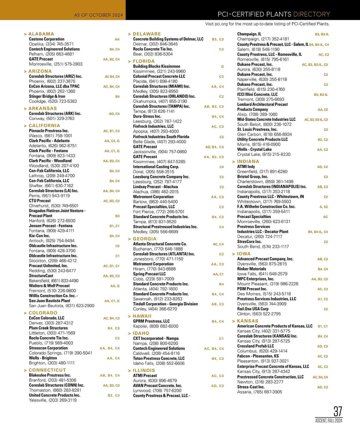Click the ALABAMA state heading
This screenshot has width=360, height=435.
[x=41, y=34]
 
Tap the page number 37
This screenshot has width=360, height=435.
[x=338, y=411]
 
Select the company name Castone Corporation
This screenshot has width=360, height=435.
[x=46, y=39]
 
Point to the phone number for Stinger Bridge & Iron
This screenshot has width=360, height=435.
[x=53, y=101]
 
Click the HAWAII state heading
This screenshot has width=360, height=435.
[x=142, y=316]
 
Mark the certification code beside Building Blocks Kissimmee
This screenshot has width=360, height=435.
[x=222, y=67]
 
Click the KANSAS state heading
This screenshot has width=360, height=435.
[x=247, y=321]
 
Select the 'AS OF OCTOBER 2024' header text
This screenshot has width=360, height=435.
[x=98, y=15]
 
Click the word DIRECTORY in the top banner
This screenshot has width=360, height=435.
[x=311, y=14]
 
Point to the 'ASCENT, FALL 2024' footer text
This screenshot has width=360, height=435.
[x=328, y=421]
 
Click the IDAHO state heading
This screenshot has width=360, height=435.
[x=141, y=333]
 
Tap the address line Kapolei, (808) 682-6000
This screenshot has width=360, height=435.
[x=155, y=326]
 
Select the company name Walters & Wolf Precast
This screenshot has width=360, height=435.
[x=49, y=286]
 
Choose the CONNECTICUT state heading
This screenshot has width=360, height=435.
[x=47, y=370]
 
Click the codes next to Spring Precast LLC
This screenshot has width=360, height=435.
[x=218, y=274]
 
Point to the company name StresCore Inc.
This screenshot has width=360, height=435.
[x=249, y=242]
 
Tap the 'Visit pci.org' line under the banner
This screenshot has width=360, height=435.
[x=267, y=24]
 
